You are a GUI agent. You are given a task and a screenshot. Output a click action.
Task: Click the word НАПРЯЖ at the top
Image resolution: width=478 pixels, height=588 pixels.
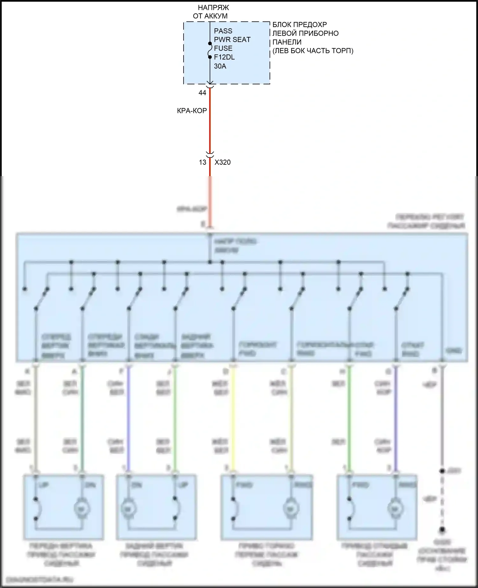click(x=213, y=7)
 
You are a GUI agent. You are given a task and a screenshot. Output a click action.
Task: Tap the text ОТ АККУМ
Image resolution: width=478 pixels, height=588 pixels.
click(x=210, y=16)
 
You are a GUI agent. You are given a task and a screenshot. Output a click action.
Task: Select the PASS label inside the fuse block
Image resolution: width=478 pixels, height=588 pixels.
click(x=223, y=31)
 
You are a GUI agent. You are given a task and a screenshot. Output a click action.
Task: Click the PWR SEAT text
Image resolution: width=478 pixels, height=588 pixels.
click(x=232, y=39)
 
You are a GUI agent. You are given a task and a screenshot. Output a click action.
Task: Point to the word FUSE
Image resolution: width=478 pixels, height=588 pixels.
click(x=223, y=48)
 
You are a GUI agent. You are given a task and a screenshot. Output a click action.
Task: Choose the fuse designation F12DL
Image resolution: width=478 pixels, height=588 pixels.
click(x=224, y=57)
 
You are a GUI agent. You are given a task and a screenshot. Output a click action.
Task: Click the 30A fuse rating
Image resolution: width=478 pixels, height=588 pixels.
click(x=220, y=66)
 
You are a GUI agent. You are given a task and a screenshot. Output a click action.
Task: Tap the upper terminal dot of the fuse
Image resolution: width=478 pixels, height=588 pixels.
click(x=210, y=43)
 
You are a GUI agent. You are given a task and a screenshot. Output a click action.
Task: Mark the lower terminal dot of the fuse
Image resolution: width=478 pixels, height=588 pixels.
click(x=210, y=57)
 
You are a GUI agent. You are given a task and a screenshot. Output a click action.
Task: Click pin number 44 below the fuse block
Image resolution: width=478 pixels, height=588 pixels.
click(x=202, y=93)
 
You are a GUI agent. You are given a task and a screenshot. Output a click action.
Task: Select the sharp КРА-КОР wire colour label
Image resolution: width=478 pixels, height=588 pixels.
click(x=192, y=111)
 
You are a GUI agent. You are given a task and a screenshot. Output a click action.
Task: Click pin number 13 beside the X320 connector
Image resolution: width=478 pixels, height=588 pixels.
click(x=203, y=162)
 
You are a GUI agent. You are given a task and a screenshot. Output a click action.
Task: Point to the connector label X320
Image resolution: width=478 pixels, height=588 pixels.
click(x=222, y=162)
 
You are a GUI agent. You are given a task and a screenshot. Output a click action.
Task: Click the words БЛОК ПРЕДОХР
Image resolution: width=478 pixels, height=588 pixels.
click(x=300, y=25)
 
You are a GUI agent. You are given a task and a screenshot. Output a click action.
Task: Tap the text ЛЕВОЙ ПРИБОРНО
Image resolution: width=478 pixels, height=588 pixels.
click(x=305, y=33)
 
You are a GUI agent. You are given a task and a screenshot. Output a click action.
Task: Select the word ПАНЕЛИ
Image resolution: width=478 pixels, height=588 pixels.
click(x=287, y=42)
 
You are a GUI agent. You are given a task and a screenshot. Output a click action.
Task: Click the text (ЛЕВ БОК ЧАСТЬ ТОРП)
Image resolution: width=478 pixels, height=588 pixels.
click(x=313, y=51)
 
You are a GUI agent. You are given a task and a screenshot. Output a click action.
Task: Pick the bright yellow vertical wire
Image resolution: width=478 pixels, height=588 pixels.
click(x=233, y=417)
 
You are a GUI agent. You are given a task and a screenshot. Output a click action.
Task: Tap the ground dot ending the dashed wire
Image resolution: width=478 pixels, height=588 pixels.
click(x=442, y=530)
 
